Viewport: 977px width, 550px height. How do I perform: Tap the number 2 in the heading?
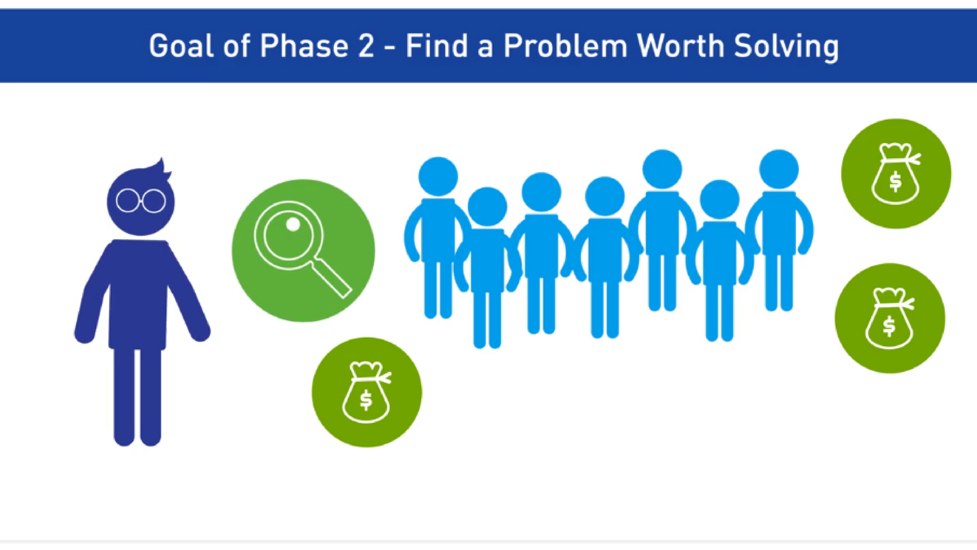pyautogui.click(x=366, y=46)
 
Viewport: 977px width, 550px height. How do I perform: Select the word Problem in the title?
pyautogui.click(x=565, y=46)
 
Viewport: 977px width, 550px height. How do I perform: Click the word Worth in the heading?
pyautogui.click(x=680, y=46)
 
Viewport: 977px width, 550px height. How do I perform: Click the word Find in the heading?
pyautogui.click(x=437, y=46)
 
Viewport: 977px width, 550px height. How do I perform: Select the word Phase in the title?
pyautogui.click(x=304, y=46)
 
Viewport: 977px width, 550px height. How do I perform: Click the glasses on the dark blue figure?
pyautogui.click(x=141, y=201)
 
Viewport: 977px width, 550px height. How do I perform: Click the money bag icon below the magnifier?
pyautogui.click(x=367, y=392)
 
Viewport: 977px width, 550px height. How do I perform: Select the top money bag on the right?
pyautogui.click(x=896, y=174)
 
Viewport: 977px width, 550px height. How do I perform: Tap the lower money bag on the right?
pyautogui.click(x=890, y=318)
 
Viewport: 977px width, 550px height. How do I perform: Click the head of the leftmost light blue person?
pyautogui.click(x=438, y=176)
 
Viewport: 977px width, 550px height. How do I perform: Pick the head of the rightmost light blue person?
pyautogui.click(x=779, y=169)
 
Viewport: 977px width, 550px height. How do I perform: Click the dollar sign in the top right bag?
pyautogui.click(x=896, y=181)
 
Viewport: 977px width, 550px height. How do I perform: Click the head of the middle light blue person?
pyautogui.click(x=605, y=196)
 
